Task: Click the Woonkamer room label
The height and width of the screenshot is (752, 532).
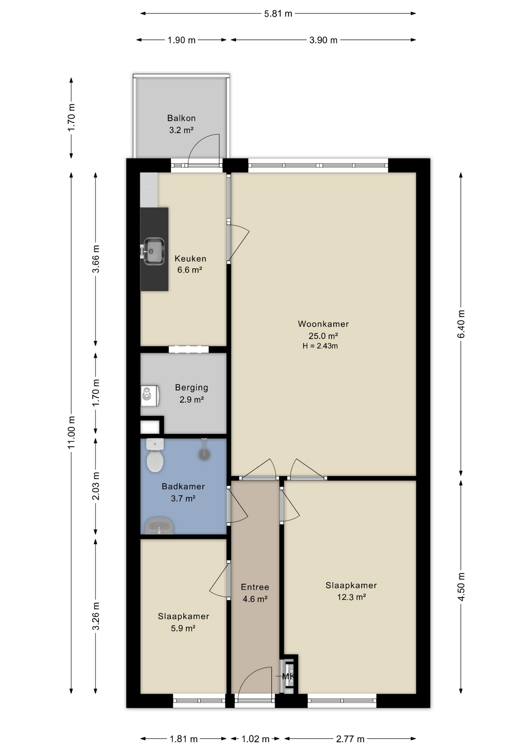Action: [x=323, y=324]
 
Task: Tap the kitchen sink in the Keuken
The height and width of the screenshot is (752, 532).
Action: [x=153, y=251]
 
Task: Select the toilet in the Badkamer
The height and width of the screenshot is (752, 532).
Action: [x=155, y=455]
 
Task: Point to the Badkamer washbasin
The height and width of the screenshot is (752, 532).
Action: [x=159, y=526]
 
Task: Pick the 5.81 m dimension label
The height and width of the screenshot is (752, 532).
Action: [x=278, y=14]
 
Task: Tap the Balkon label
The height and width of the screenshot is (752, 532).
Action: [x=181, y=118]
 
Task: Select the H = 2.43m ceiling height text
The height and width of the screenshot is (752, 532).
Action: [x=320, y=346]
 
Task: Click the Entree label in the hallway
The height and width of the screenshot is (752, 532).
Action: [x=255, y=587]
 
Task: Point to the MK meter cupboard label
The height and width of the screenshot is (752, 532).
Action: [x=288, y=676]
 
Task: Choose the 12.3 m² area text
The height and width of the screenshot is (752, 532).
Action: [x=351, y=597]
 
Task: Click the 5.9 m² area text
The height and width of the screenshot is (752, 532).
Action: [x=183, y=628]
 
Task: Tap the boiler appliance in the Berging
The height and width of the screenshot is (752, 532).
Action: [x=150, y=395]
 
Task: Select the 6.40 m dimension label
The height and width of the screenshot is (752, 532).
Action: [x=461, y=324]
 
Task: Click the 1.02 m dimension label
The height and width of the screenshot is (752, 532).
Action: [x=255, y=739]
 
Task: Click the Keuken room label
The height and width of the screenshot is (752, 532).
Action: [x=190, y=258]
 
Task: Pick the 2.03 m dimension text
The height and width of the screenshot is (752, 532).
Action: [x=96, y=486]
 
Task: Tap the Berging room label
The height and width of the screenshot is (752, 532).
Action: [x=192, y=388]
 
